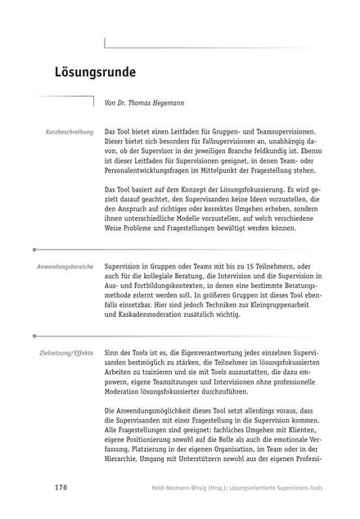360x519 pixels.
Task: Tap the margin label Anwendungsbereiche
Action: click(x=66, y=268)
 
